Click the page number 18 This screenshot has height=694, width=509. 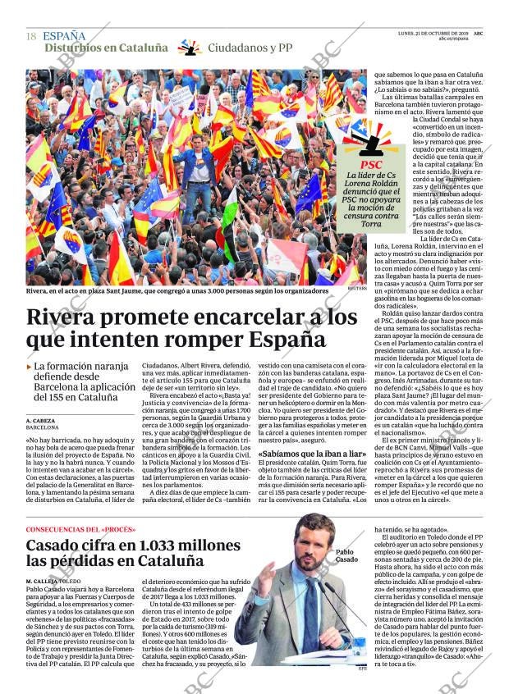point(31,37)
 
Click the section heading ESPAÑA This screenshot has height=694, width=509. point(64,36)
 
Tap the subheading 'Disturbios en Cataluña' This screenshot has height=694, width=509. point(106,48)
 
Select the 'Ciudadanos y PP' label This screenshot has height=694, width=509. point(250,48)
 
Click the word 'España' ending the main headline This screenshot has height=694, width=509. point(283,339)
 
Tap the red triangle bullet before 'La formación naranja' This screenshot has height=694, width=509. point(30,368)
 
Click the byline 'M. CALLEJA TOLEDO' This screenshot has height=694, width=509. point(61,581)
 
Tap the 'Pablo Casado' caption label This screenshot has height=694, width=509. point(346,555)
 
